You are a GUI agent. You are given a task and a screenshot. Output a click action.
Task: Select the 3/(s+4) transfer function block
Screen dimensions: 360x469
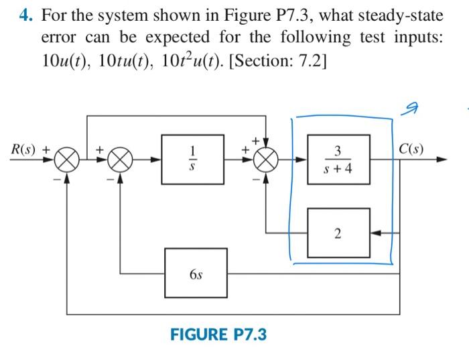[338, 160]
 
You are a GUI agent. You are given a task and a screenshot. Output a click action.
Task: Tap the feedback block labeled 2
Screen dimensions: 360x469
[338, 233]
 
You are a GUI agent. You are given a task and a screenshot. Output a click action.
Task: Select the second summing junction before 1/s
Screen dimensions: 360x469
[120, 160]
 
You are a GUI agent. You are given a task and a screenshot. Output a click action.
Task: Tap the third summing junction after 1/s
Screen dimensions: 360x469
[267, 160]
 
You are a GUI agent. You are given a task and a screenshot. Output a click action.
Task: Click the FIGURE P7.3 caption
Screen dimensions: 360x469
[218, 334]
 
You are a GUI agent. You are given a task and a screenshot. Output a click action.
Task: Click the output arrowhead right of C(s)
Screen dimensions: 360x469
[442, 160]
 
